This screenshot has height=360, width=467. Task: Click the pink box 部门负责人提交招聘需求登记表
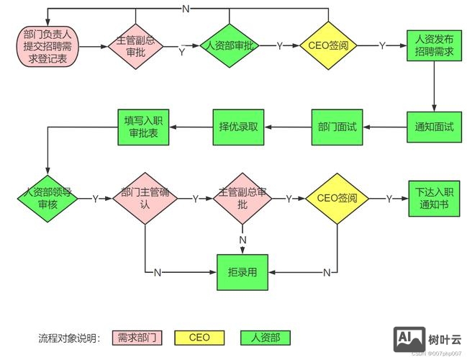tap(48, 45)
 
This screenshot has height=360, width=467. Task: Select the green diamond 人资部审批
tap(229, 45)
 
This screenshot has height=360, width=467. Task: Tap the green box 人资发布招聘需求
tap(434, 45)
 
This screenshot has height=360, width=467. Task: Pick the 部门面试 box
tap(337, 127)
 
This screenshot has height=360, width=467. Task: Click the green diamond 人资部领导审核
tap(46, 198)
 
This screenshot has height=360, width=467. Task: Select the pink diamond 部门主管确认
tap(145, 198)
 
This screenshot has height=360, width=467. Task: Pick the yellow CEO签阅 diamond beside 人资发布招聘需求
tap(328, 45)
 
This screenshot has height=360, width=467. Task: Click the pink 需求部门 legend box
tap(137, 337)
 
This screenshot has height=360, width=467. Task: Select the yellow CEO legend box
tap(199, 337)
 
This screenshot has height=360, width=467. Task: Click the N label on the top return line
tap(186, 9)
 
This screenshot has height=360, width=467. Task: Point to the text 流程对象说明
tap(70, 337)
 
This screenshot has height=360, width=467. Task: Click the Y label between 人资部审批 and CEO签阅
tap(279, 45)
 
